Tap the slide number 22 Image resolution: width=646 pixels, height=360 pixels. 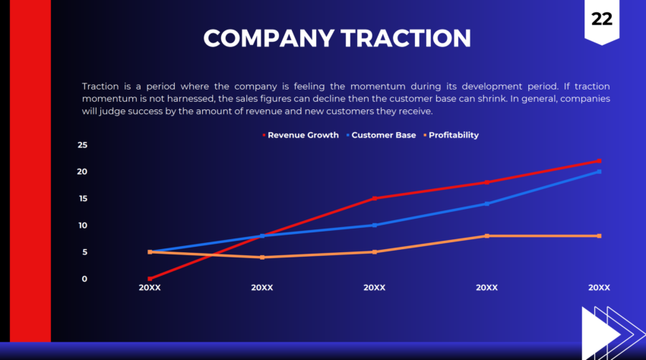tap(601, 20)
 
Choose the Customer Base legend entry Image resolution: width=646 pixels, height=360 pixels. tap(383, 135)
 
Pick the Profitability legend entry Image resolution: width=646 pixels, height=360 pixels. tap(453, 135)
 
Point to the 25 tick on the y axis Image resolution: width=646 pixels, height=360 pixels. tap(82, 144)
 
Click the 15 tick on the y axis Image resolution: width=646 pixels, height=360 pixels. tap(82, 198)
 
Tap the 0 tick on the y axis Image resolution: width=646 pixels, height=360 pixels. tap(84, 279)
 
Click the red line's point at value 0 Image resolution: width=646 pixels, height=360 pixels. tap(150, 279)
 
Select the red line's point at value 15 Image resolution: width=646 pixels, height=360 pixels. tap(375, 198)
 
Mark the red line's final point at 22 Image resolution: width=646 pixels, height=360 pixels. tap(599, 161)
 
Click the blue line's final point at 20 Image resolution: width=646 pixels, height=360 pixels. tap(599, 172)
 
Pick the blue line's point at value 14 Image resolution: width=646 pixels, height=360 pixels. tap(486, 204)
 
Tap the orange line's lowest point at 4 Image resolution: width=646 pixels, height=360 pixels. tap(262, 257)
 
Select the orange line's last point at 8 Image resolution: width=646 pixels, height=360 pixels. tap(599, 236)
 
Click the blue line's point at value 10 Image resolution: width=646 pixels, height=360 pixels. tap(375, 225)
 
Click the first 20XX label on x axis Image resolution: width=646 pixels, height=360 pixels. tap(150, 288)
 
